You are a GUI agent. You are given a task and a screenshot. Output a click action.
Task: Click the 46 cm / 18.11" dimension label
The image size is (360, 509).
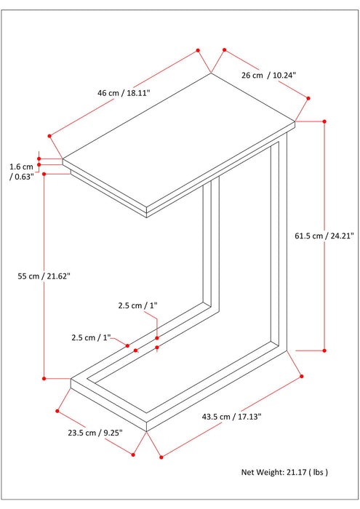[128, 92]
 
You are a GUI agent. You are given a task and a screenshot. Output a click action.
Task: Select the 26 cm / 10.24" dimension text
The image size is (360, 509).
[269, 75]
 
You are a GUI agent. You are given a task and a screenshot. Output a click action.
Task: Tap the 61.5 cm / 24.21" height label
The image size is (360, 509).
[324, 236]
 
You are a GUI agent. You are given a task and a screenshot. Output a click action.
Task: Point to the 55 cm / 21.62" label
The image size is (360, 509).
[44, 276]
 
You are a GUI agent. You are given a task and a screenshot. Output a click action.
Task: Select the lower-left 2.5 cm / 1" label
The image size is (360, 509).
[90, 337]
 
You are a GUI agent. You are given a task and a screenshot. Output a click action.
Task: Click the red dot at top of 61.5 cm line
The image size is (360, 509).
[324, 121]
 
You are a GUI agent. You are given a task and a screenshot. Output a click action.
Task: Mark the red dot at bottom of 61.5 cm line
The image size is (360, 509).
[324, 350]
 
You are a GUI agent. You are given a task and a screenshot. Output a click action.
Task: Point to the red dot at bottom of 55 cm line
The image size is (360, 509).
[44, 378]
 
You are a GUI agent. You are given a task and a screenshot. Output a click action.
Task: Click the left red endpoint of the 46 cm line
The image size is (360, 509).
[49, 135]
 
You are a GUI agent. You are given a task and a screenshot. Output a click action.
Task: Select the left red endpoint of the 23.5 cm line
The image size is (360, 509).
[57, 411]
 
